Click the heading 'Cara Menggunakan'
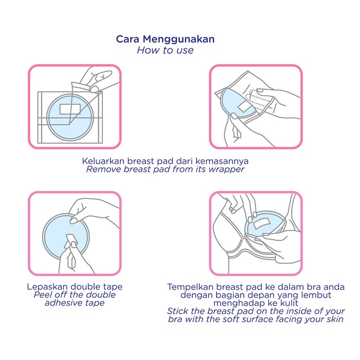(165, 39)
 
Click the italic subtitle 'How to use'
(165, 50)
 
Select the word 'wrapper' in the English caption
(227, 169)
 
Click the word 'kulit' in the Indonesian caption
(284, 303)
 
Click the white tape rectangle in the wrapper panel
(67, 109)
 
